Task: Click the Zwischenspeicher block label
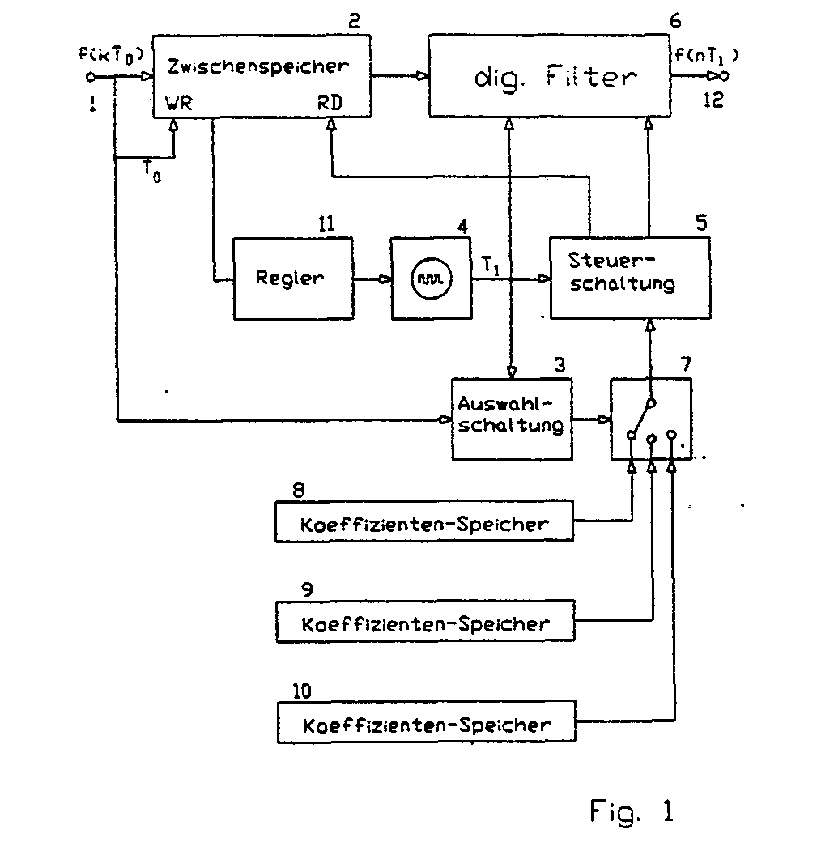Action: point(258,66)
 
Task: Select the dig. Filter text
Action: point(555,77)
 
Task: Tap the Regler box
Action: point(293,279)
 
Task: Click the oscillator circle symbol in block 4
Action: point(432,279)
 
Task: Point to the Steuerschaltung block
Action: point(630,278)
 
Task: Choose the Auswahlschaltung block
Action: point(512,419)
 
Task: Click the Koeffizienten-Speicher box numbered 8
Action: point(424,521)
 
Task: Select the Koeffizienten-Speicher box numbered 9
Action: point(425,621)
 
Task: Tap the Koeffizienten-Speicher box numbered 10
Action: point(427,721)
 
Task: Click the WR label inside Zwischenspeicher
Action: point(179,103)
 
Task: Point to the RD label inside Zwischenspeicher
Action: point(330,103)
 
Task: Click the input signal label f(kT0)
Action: point(111,55)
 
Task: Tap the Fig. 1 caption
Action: point(632,811)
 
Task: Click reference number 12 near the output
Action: point(713,100)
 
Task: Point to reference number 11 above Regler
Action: point(326,223)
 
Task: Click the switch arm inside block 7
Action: point(641,418)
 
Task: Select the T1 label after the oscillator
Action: point(490,266)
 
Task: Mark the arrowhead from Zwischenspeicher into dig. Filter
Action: point(423,76)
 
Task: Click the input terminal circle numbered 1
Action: point(91,78)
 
